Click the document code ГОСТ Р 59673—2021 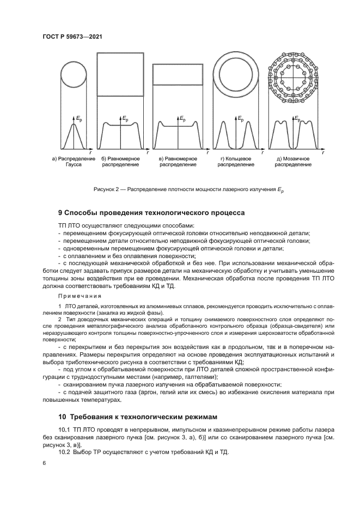coord(72,36)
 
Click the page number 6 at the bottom coord(44,463)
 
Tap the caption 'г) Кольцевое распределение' coord(236,162)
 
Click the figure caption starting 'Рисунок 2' coord(190,189)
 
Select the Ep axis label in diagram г coord(240,118)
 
